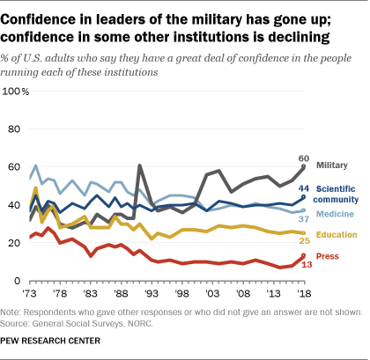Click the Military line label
(339, 165)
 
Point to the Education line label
(340, 234)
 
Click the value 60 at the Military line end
(304, 157)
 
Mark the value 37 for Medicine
(304, 217)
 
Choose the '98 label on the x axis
(184, 290)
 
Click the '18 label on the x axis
(303, 290)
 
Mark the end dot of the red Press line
(303, 255)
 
